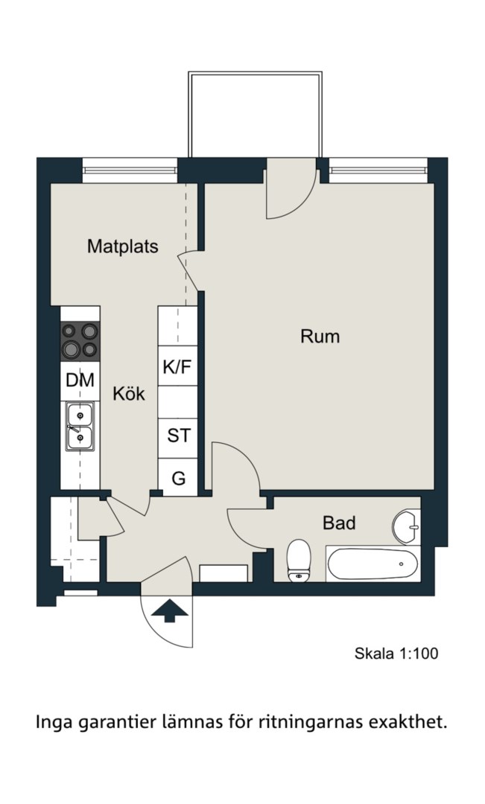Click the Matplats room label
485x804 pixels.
(123, 246)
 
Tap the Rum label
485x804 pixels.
(320, 336)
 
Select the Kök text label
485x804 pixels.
(129, 394)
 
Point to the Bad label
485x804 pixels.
(339, 523)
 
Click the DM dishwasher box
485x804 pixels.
(80, 380)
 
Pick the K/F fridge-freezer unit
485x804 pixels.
(177, 366)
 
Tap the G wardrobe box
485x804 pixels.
(177, 477)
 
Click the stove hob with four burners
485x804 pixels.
(80, 341)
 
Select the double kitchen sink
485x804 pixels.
(80, 427)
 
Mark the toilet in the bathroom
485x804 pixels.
(299, 561)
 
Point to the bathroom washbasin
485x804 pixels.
(407, 526)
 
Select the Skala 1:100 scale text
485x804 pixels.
(396, 654)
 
